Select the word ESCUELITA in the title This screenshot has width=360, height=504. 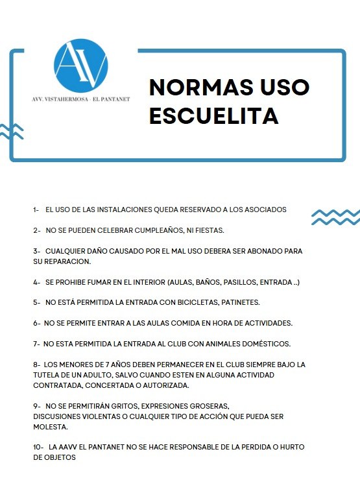(213, 115)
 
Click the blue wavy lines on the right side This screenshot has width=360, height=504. (335, 217)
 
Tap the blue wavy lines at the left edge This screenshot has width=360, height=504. (11, 132)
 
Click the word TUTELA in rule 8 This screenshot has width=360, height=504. (47, 375)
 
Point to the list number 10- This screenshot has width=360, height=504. (38, 448)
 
